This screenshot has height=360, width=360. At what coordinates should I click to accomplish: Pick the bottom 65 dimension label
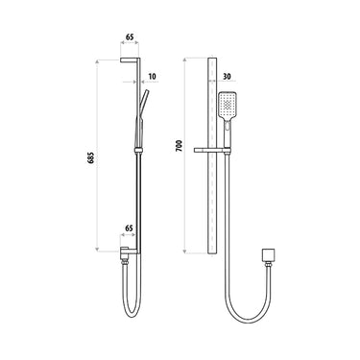tap(130, 229)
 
